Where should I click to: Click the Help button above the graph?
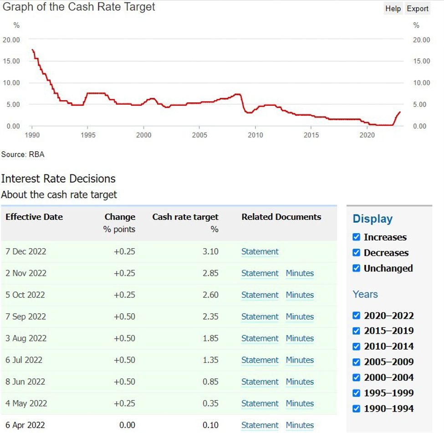[x=393, y=9]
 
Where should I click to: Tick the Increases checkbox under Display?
[x=357, y=237]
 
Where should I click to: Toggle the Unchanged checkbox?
[x=357, y=268]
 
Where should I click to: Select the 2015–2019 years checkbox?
[x=357, y=331]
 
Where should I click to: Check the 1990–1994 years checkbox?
[x=357, y=408]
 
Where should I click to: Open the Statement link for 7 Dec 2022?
[x=260, y=251]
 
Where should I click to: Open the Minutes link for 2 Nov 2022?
[x=300, y=273]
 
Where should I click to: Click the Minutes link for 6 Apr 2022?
[x=300, y=425]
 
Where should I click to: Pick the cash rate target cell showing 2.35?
[x=210, y=316]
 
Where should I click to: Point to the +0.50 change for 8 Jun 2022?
[x=124, y=382]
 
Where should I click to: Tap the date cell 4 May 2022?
[x=26, y=403]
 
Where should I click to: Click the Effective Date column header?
[x=34, y=217]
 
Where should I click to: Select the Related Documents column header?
[x=281, y=217]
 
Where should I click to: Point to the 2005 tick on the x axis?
[x=199, y=135]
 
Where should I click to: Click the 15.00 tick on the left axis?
[x=11, y=61]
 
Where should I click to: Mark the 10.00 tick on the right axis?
[x=421, y=82]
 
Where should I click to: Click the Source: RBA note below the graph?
[x=23, y=154]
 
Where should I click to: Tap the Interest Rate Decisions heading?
[x=58, y=178]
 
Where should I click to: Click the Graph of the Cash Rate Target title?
[x=79, y=7]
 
